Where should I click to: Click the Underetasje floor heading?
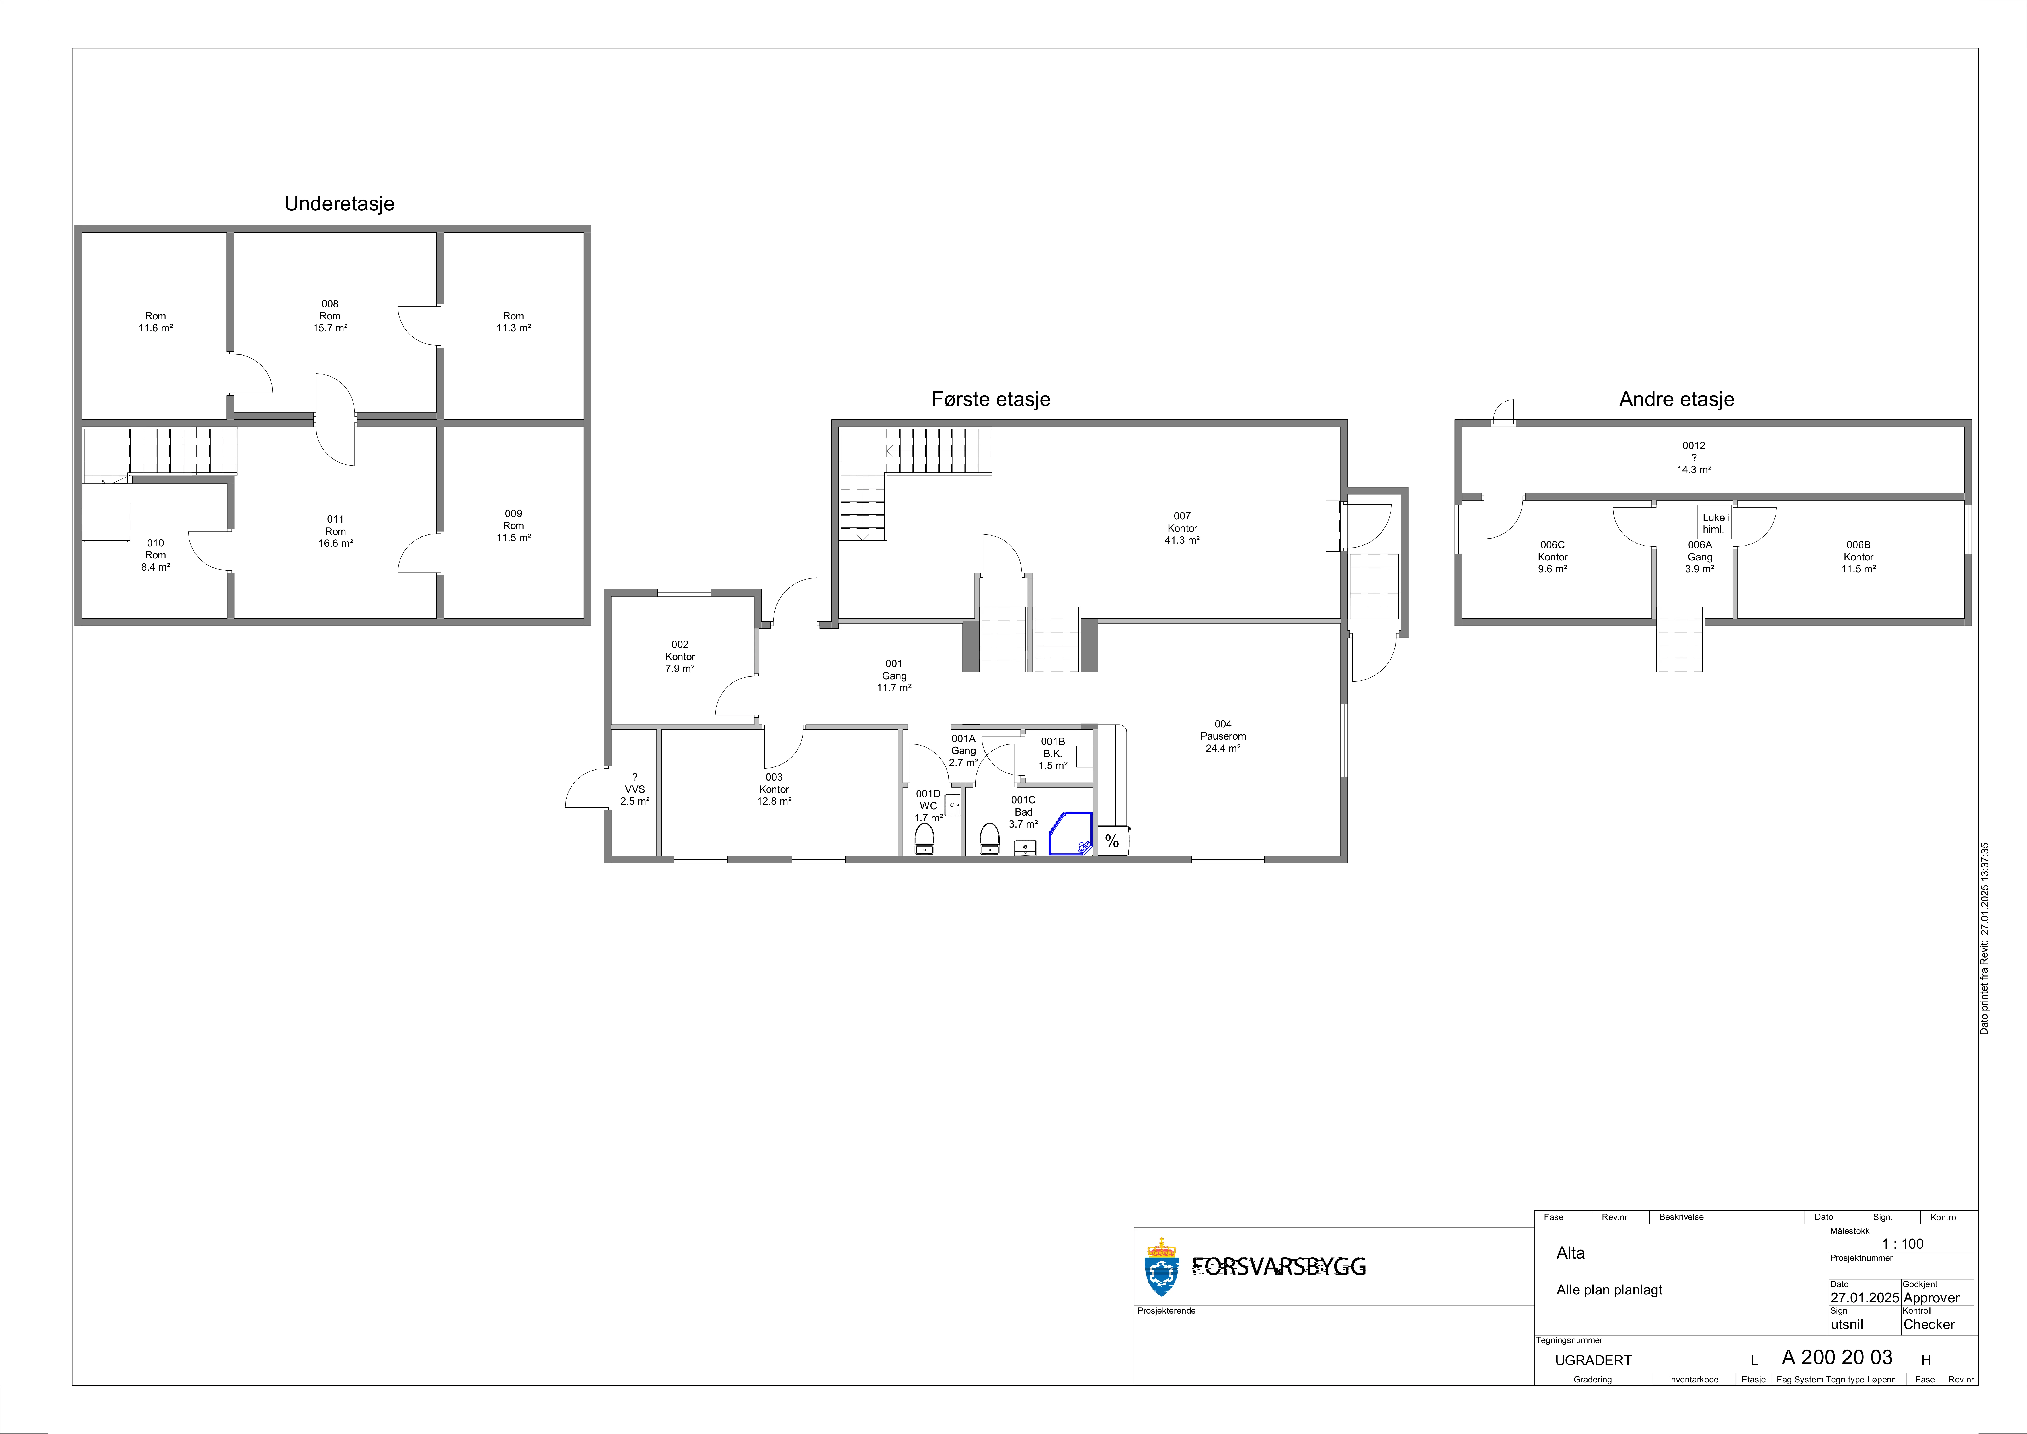click(x=339, y=204)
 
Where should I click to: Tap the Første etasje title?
click(x=991, y=399)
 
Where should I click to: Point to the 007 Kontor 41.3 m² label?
click(x=1182, y=528)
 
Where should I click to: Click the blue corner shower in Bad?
click(x=1070, y=834)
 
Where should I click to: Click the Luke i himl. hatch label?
click(x=1715, y=523)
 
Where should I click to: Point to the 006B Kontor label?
click(x=1858, y=557)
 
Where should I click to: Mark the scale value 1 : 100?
click(x=1902, y=1243)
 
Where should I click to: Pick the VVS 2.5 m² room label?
click(x=635, y=789)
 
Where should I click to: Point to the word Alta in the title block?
click(x=1571, y=1253)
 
